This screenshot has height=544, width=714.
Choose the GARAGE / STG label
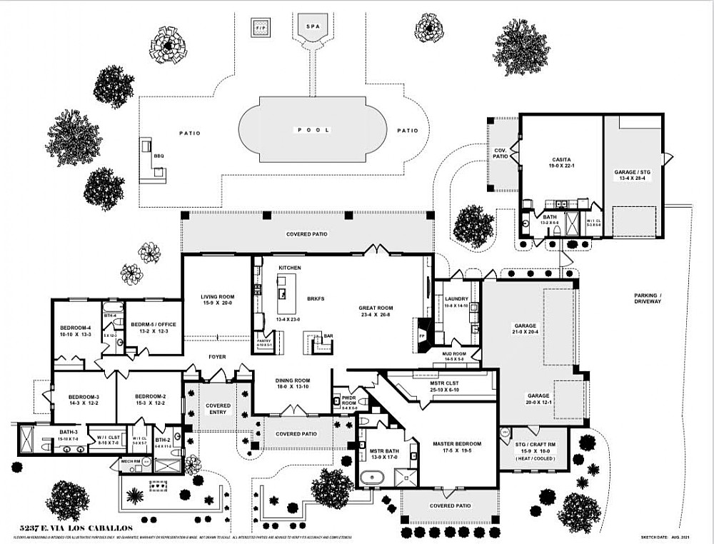[633, 172]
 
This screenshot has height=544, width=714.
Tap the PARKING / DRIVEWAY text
[648, 298]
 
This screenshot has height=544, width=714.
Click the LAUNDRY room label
[455, 300]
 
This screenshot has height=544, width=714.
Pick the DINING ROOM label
[293, 383]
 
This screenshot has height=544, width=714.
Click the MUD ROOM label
[455, 353]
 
